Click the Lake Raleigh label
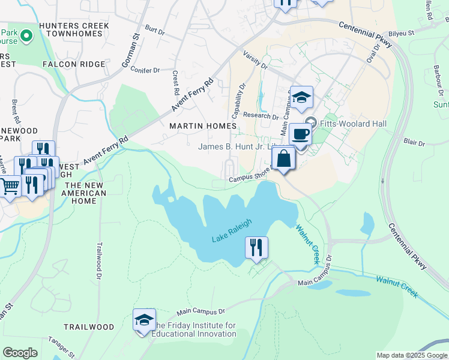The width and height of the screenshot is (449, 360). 231,231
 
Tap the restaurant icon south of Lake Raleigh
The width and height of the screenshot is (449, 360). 256,247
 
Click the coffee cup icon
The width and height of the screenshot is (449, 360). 300,134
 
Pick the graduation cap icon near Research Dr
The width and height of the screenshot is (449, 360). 301,97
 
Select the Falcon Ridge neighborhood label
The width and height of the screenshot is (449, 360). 74,64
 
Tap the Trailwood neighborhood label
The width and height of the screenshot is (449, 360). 89,327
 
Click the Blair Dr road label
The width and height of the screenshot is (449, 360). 414,143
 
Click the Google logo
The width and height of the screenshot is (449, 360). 20,353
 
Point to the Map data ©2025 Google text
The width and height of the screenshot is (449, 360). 411,355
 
